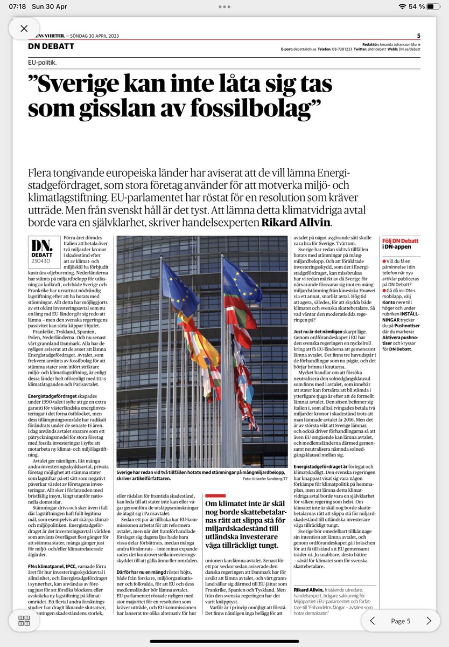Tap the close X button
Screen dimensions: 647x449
24,29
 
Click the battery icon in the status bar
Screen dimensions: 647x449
434,6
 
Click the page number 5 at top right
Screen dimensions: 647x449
419,36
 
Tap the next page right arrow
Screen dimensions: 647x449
429,621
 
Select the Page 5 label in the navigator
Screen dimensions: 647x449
401,621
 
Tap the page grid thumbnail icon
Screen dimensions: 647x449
24,620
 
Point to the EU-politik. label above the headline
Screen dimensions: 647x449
43,63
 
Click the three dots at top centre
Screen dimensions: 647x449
224,7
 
